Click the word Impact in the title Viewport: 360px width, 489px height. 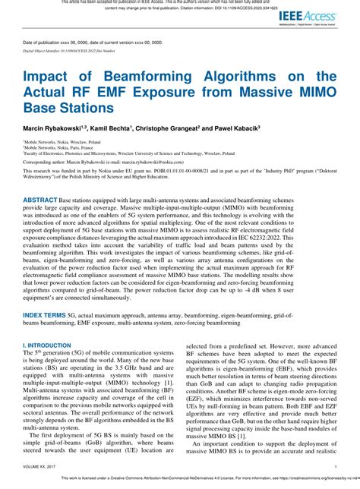[x=49, y=77]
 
